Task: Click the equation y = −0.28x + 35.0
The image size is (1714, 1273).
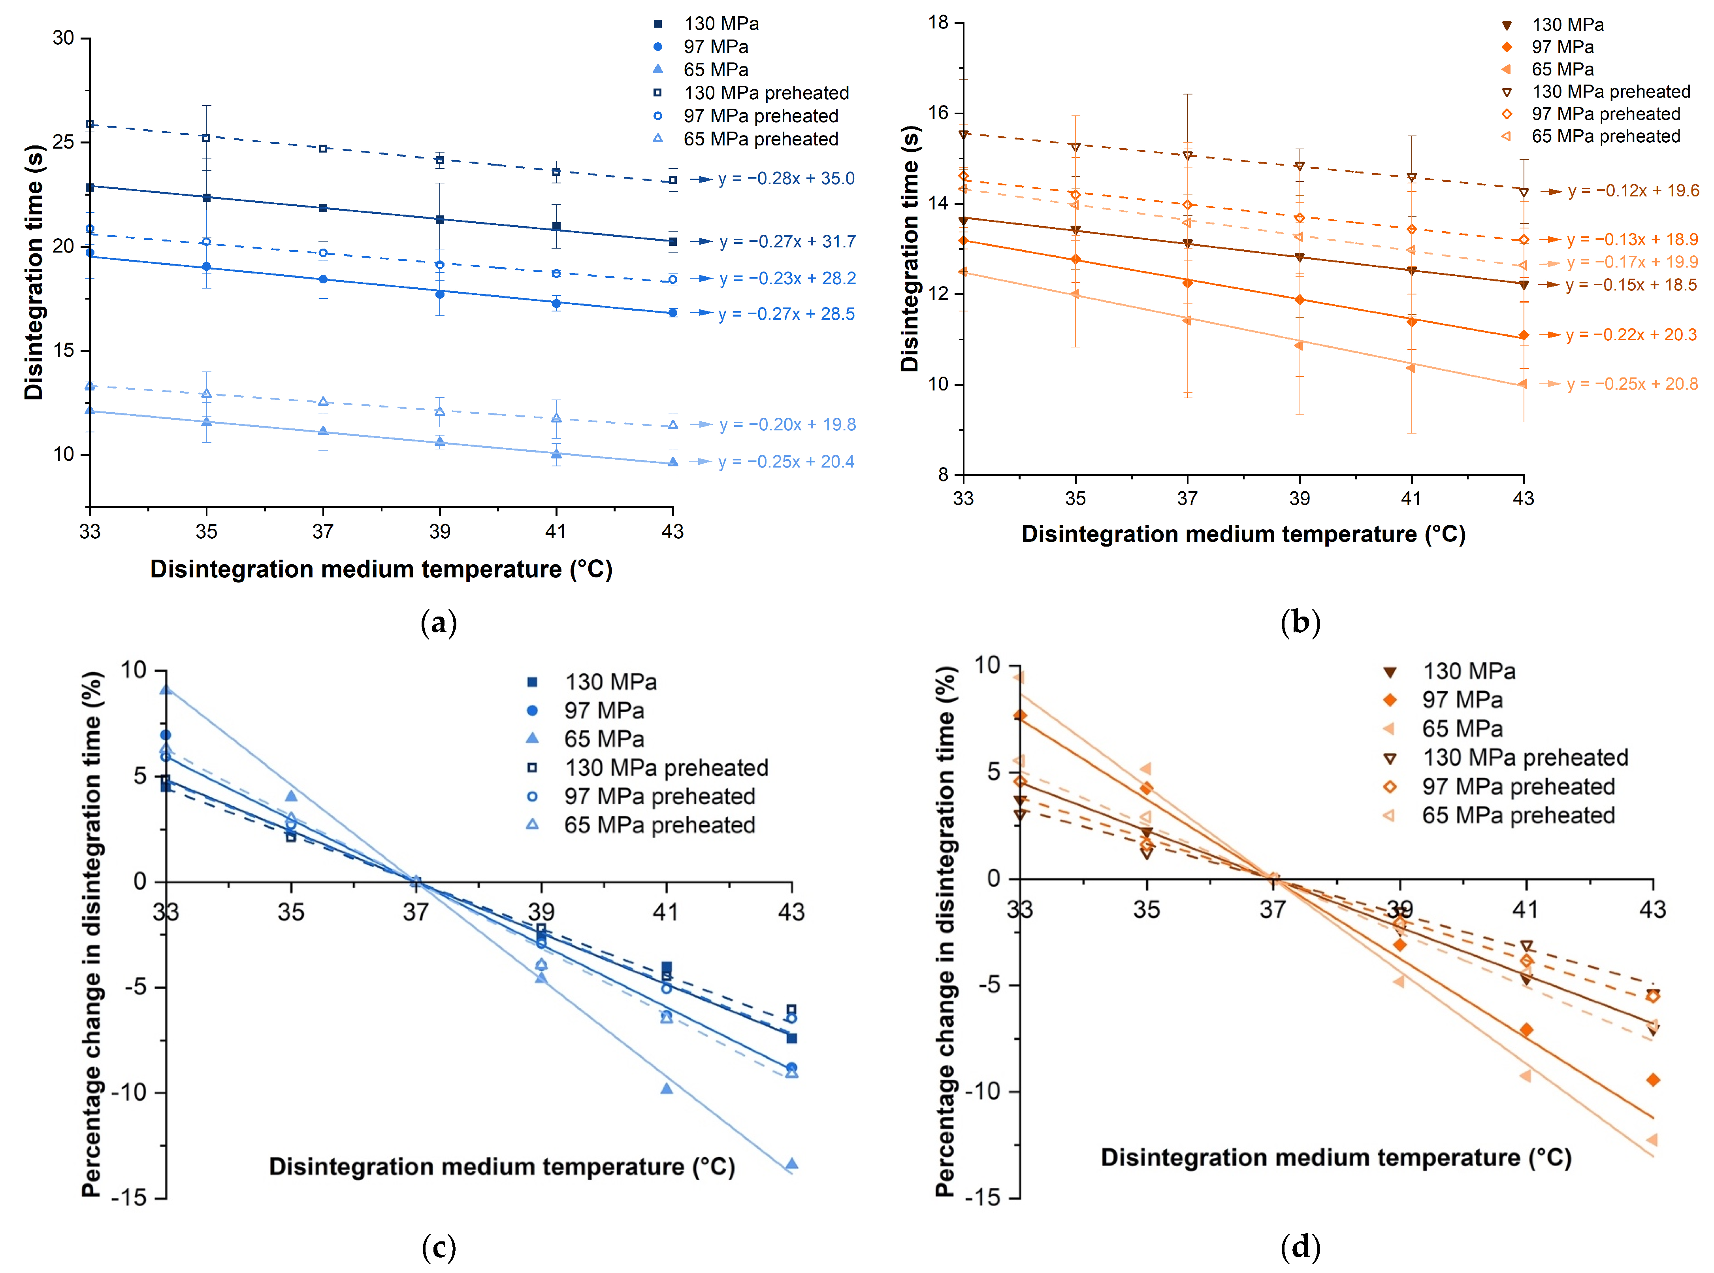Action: [786, 179]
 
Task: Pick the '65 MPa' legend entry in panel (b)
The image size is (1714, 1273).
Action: [1562, 69]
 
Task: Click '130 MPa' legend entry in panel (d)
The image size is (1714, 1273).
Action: [1468, 671]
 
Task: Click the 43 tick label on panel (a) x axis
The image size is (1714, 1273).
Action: [672, 532]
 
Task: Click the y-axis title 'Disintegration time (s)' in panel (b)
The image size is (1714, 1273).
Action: [910, 248]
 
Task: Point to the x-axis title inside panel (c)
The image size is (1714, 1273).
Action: [501, 1167]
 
